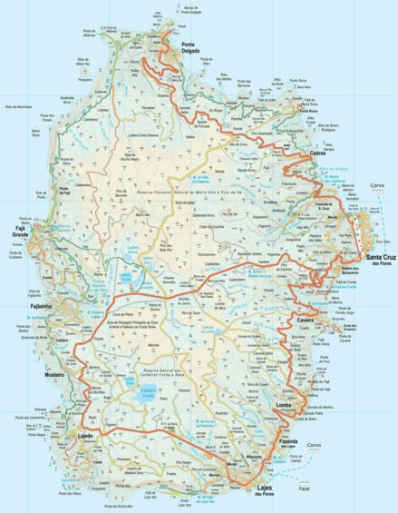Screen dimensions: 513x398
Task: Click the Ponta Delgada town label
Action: pos(193,48)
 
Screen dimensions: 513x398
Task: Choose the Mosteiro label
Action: pos(49,373)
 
